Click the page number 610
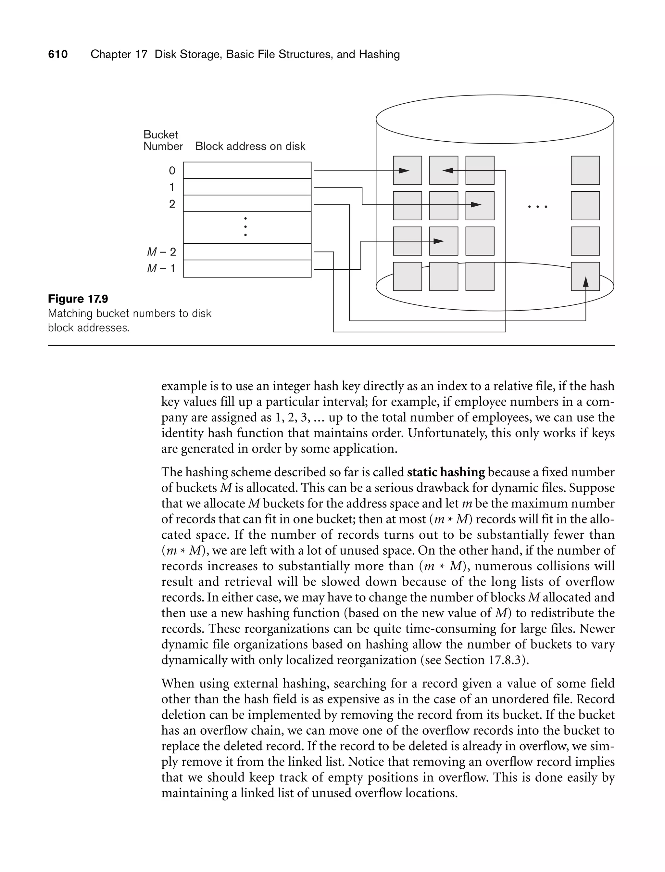pyautogui.click(x=58, y=54)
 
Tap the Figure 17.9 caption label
pyautogui.click(x=78, y=299)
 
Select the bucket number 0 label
pyautogui.click(x=172, y=171)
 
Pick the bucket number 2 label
pyautogui.click(x=172, y=204)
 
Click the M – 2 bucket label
pyautogui.click(x=161, y=252)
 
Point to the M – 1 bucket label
pyautogui.click(x=161, y=268)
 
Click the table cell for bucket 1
pyautogui.click(x=247, y=187)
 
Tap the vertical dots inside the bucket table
pyautogui.click(x=245, y=227)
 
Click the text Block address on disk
pyautogui.click(x=250, y=146)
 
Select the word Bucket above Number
pyautogui.click(x=161, y=135)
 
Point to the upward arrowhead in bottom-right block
pyautogui.click(x=586, y=282)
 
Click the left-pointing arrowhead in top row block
pyautogui.click(x=448, y=171)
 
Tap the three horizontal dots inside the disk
pyautogui.click(x=537, y=206)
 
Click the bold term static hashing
pyautogui.click(x=446, y=472)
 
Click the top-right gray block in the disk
pyautogui.click(x=585, y=170)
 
